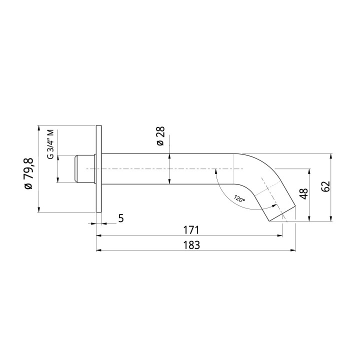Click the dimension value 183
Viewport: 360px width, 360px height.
[191, 245]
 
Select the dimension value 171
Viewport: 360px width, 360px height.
[191, 230]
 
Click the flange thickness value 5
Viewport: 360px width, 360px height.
[121, 218]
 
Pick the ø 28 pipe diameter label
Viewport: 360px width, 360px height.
[160, 135]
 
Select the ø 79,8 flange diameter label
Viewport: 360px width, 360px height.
[28, 173]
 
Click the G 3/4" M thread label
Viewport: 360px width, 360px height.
[50, 144]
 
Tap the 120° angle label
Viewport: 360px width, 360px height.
[239, 198]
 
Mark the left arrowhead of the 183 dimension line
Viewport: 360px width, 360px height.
[98, 249]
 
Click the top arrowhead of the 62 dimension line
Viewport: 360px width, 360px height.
[330, 155]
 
